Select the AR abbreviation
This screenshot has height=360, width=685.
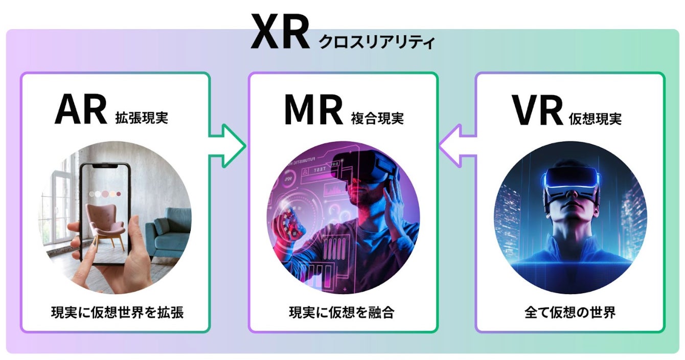click(x=80, y=110)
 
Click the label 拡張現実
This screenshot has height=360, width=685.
click(x=142, y=119)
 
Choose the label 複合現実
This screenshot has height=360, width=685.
click(x=377, y=119)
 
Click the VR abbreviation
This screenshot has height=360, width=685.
click(x=537, y=110)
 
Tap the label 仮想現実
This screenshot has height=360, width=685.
click(x=595, y=119)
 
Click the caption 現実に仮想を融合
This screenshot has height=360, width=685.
click(x=342, y=312)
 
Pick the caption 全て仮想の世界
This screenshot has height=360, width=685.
click(x=570, y=312)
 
